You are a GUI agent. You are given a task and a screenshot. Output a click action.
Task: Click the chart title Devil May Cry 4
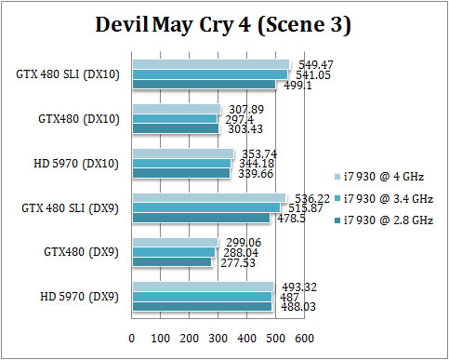tap(224, 26)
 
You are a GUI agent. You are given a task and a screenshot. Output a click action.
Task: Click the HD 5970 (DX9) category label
tap(73, 296)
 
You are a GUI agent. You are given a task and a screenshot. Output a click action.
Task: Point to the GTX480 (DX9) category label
tap(77, 251)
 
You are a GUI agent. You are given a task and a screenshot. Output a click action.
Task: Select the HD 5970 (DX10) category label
tap(71, 163)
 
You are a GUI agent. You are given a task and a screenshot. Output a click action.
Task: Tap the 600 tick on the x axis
tap(305, 337)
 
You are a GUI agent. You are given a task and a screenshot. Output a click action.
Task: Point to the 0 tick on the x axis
tap(132, 337)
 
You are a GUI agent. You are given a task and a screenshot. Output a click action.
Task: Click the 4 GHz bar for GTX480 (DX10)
tap(177, 109)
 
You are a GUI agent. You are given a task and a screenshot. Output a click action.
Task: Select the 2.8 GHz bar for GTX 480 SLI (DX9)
tap(201, 219)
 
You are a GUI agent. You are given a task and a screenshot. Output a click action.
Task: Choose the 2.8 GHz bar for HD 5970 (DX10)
tap(181, 173)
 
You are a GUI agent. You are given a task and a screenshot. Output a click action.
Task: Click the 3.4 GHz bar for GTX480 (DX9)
tap(174, 252)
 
